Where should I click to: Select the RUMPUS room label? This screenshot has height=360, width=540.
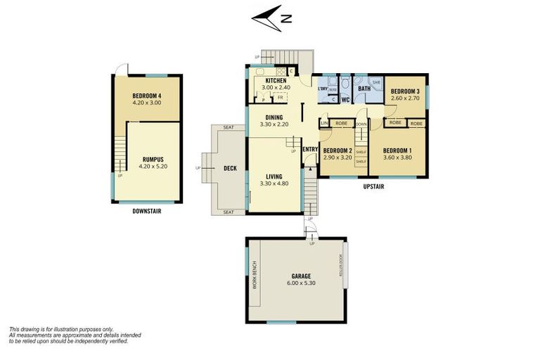pos(146,159)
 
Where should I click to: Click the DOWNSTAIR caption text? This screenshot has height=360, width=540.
pos(146,210)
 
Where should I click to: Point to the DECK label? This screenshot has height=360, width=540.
pos(230,169)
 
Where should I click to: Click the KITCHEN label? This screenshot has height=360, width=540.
pos(276,81)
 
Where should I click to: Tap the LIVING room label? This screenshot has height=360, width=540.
pos(275,176)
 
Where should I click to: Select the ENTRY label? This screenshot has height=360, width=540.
pos(310,149)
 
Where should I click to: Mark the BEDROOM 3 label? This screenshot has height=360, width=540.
pos(405,91)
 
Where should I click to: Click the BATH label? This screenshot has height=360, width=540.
pos(364,89)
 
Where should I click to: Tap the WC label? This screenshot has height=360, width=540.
pos(346,100)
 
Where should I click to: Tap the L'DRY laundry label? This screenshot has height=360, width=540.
pos(323,89)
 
